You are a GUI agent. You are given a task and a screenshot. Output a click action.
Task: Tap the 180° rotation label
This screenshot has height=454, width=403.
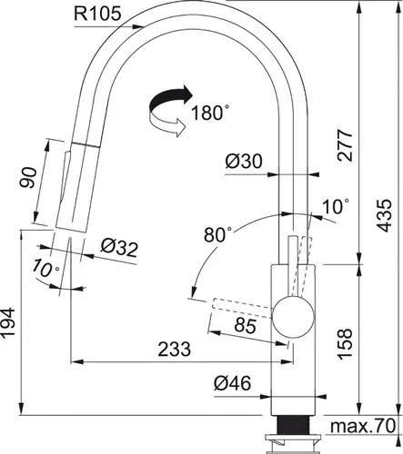211,113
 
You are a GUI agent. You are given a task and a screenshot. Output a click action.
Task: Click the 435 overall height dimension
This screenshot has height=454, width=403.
386,219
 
